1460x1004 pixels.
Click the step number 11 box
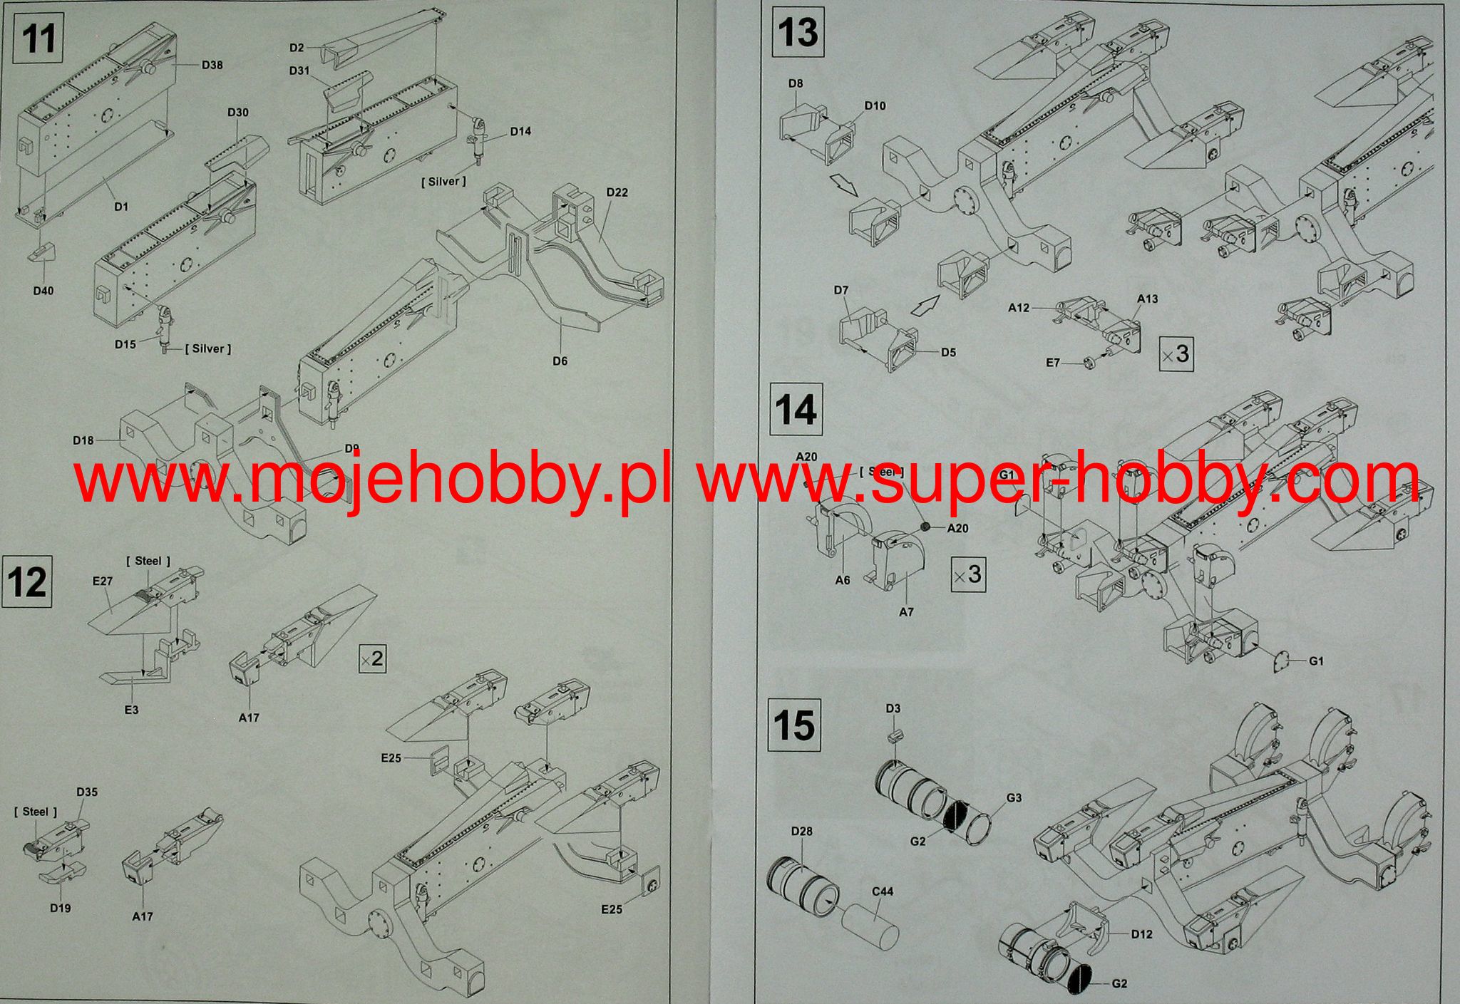coord(38,38)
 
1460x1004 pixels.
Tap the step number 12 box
coord(26,582)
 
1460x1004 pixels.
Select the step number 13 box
coord(798,33)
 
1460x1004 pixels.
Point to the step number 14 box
coord(796,410)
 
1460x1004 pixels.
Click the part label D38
coord(212,66)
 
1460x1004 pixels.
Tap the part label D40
coord(43,291)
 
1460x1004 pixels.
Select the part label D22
coord(617,192)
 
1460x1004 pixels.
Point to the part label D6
coord(560,361)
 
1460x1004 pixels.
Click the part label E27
coord(103,581)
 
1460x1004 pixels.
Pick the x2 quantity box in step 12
coord(372,659)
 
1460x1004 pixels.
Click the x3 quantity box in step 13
coord(1176,353)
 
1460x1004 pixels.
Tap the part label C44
coord(882,891)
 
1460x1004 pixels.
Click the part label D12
coord(1141,934)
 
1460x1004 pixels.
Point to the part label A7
coord(906,612)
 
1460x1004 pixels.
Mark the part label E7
coord(1053,363)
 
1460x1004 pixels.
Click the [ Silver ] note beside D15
coord(208,349)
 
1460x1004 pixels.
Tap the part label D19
coord(60,909)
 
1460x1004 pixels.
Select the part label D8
coord(796,83)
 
